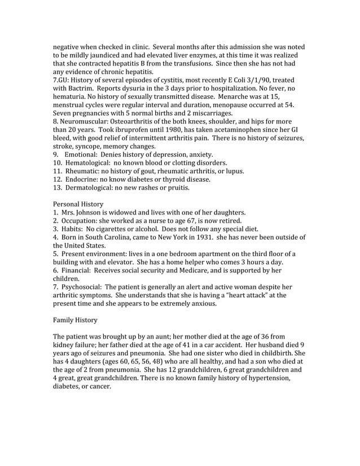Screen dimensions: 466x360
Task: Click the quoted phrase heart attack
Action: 254,295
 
